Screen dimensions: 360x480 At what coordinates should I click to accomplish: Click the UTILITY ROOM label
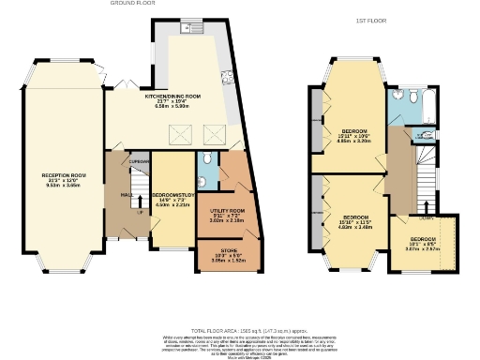coord(227,212)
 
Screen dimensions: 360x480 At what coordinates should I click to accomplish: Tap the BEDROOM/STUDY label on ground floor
coord(173,196)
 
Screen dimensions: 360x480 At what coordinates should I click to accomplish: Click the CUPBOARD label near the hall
coord(140,160)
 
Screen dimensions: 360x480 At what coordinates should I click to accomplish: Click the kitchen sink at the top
coord(193,28)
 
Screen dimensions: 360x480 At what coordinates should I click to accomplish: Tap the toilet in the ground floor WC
coord(203,157)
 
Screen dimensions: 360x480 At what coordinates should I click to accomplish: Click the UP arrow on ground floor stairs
coord(141,210)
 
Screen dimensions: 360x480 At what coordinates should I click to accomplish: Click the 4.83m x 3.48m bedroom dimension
coord(356,227)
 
